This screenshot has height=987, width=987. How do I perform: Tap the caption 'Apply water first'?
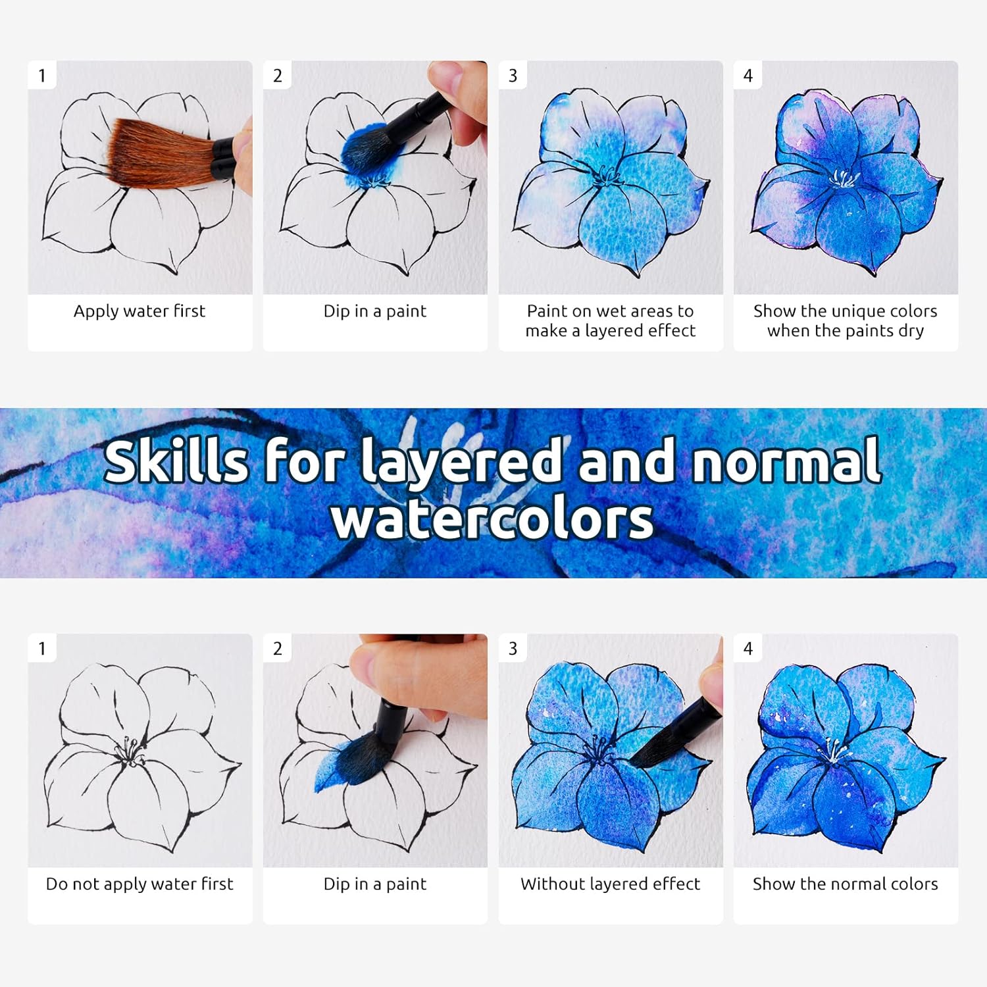click(139, 312)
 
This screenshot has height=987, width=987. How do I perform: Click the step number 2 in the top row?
click(278, 76)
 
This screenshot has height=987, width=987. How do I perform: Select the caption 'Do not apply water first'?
click(139, 884)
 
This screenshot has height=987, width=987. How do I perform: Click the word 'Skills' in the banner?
click(176, 461)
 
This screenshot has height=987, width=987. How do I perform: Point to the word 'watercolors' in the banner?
click(493, 519)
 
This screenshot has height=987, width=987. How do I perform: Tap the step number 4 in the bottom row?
click(748, 649)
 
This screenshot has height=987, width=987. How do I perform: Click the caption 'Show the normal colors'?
click(846, 884)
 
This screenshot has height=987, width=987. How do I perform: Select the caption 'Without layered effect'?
click(611, 884)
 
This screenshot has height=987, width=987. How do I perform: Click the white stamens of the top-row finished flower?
click(844, 178)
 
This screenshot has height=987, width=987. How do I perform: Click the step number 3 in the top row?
click(513, 76)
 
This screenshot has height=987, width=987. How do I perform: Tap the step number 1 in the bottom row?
click(42, 649)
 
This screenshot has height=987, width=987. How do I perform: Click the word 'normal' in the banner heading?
click(786, 461)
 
